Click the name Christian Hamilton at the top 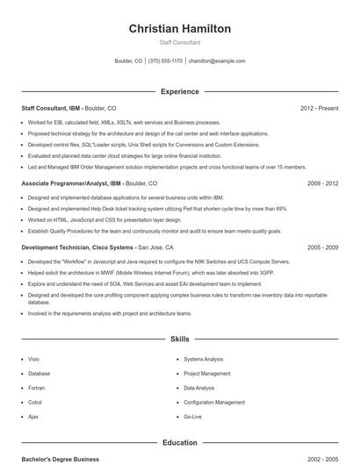tap(180, 29)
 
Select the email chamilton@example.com tap(216, 61)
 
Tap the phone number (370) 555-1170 tap(165, 61)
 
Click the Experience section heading tap(180, 91)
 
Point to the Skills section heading tap(180, 338)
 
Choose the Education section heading tap(180, 443)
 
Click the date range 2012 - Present tap(319, 108)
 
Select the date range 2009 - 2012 tap(322, 184)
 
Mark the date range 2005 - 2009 tap(322, 248)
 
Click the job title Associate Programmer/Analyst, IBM tap(71, 184)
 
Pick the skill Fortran tap(36, 388)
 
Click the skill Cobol tap(34, 402)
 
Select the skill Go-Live tap(192, 416)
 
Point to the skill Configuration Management tap(214, 402)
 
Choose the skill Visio tap(34, 359)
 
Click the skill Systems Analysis tap(203, 359)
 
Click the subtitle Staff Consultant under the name tap(180, 42)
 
